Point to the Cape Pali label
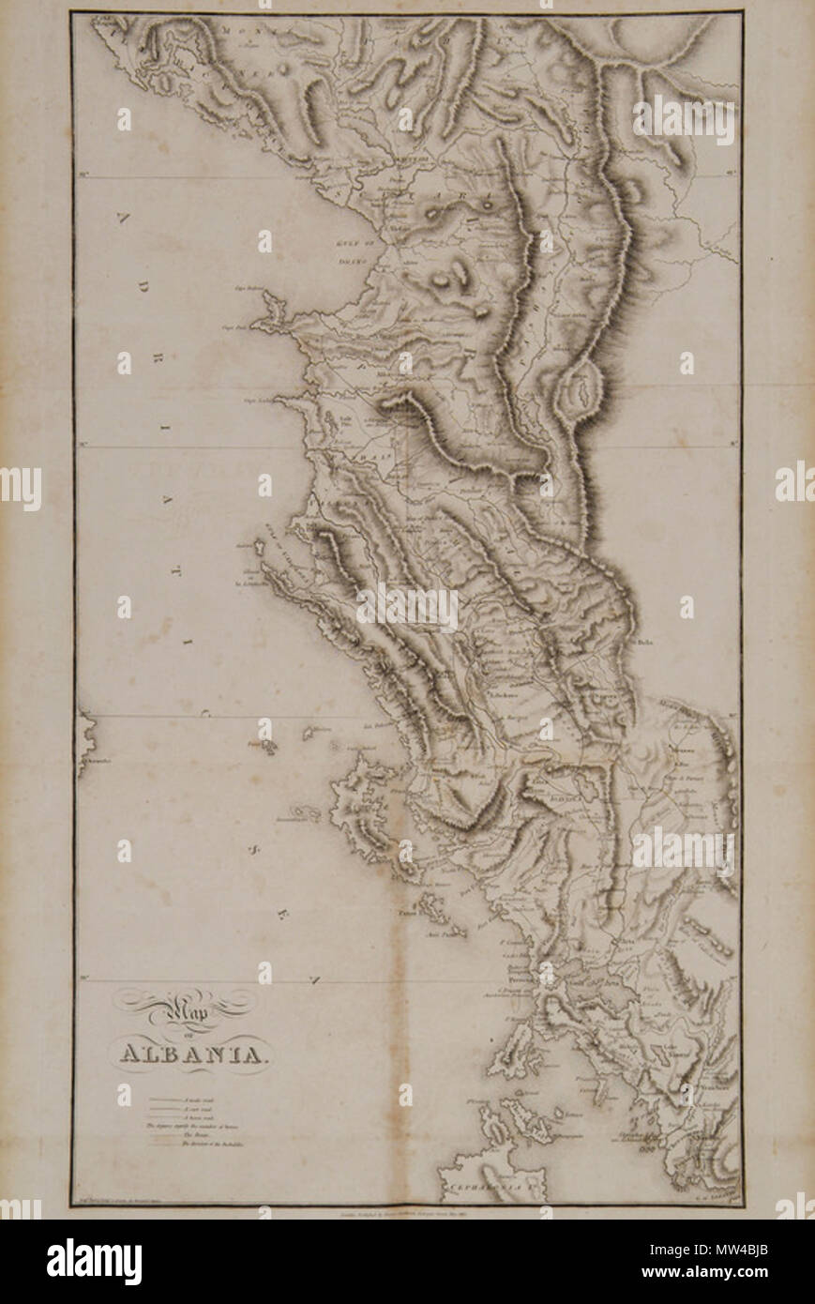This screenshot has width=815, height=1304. (x=234, y=327)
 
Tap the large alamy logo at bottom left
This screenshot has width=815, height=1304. (x=94, y=1261)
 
